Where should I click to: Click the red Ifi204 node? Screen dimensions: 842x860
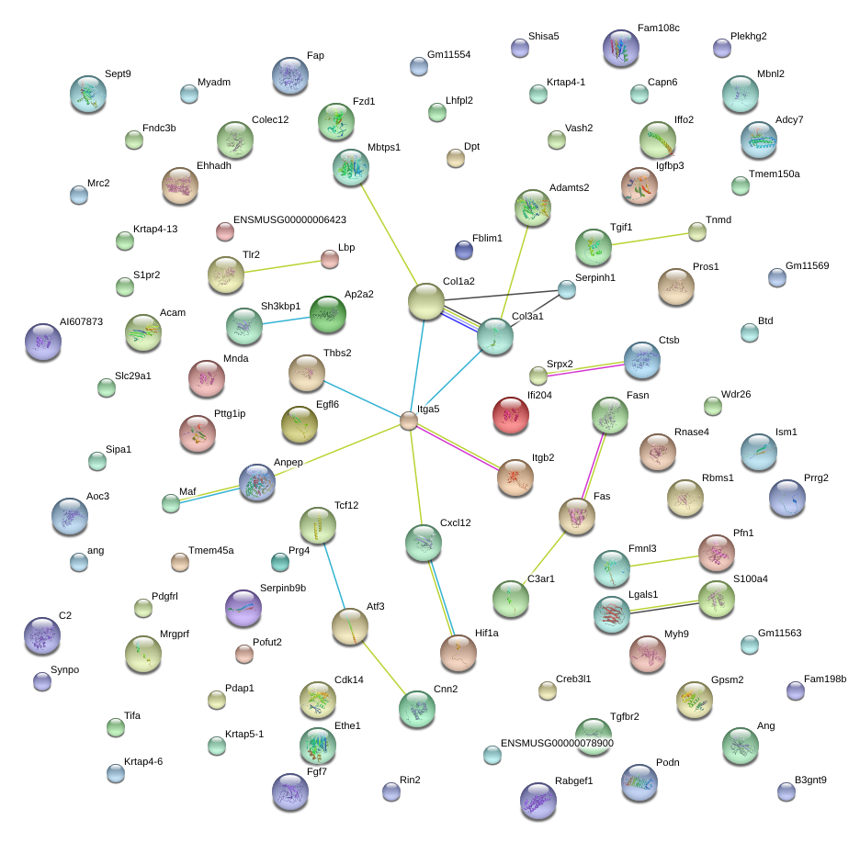pos(511,415)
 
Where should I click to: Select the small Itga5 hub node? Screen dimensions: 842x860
pos(409,421)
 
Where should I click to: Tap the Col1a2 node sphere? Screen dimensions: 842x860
pos(425,301)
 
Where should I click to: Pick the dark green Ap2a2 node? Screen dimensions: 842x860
pos(328,314)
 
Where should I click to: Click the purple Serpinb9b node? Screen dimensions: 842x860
pos(243,608)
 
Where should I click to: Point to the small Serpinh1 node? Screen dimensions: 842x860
pos(567,289)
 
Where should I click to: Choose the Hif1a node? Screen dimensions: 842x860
pos(458,652)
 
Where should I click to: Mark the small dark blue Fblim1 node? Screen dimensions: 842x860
pos(464,250)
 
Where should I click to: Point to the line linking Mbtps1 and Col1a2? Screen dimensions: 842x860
pos(390,230)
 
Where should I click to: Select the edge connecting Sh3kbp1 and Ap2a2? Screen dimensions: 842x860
pos(286,319)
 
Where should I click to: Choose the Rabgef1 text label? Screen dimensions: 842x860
pos(574,781)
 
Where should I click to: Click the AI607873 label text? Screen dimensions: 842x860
pos(82,322)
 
